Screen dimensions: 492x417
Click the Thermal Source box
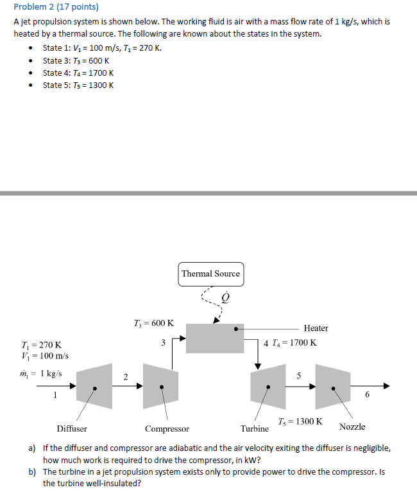point(210,274)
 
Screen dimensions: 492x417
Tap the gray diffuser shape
point(96,387)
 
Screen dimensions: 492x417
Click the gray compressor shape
point(161,386)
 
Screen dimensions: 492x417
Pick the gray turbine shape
point(268,386)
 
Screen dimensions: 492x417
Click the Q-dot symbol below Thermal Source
point(225,297)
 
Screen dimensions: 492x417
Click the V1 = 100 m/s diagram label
point(45,356)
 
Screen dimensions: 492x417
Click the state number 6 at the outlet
point(367,395)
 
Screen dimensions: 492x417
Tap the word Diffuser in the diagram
point(72,428)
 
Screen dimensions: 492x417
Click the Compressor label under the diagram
point(167,428)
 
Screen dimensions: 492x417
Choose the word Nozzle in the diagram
point(352,426)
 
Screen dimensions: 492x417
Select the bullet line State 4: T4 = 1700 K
point(78,73)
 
